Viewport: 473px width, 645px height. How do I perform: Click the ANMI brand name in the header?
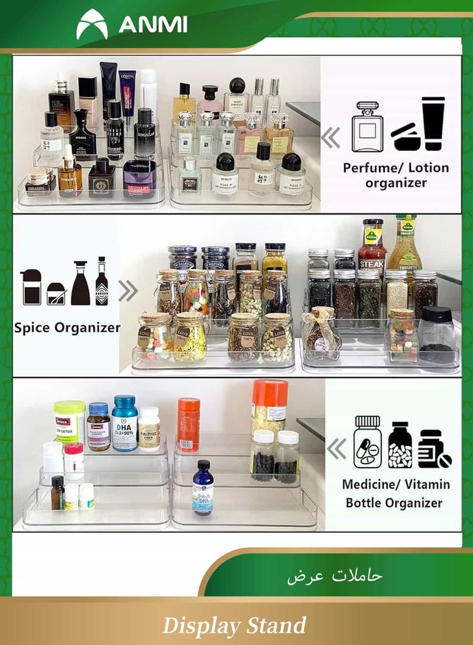coord(153,25)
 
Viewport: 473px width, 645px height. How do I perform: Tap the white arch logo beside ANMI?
coord(92,25)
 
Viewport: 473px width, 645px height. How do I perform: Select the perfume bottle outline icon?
coord(367,127)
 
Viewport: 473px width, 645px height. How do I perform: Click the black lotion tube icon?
coord(433,123)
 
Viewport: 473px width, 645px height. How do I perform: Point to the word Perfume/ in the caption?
coord(371,168)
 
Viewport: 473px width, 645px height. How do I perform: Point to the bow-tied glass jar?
coord(322,334)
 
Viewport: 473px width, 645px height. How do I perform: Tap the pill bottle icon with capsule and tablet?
coord(367,442)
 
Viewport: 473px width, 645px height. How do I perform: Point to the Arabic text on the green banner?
coord(335,575)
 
